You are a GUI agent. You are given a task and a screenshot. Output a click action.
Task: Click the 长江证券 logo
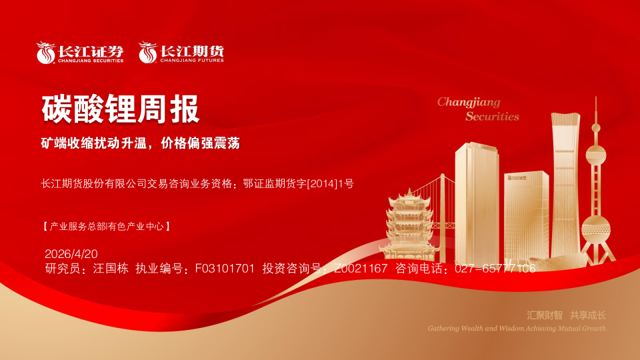click(81, 53)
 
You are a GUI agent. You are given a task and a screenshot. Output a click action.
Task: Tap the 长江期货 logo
click(181, 53)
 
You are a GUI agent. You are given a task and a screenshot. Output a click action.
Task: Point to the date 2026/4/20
click(71, 254)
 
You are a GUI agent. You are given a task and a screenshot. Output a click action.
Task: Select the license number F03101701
click(225, 269)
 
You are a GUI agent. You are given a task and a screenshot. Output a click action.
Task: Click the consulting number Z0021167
click(360, 269)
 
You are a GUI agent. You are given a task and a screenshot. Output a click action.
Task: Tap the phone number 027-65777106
click(495, 269)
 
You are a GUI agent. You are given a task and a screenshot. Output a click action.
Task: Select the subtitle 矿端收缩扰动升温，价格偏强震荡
click(141, 143)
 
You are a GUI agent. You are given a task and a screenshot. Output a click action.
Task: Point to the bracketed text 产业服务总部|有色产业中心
click(107, 227)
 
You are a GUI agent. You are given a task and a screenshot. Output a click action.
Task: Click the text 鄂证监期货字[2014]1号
click(298, 183)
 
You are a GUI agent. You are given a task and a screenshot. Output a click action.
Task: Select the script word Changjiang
click(468, 102)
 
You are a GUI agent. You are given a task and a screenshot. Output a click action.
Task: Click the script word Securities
click(492, 116)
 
